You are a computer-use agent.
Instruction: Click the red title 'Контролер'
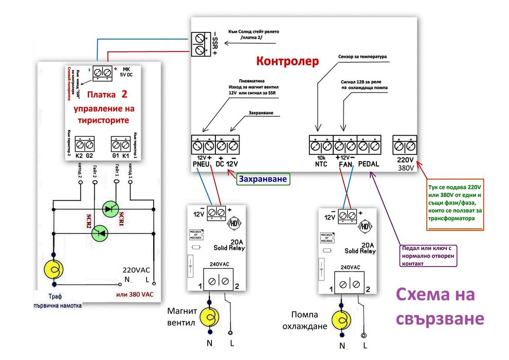tap(288, 61)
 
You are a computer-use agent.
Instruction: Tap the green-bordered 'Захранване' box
tap(262, 179)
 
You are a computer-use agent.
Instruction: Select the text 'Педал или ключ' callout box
tap(429, 256)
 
